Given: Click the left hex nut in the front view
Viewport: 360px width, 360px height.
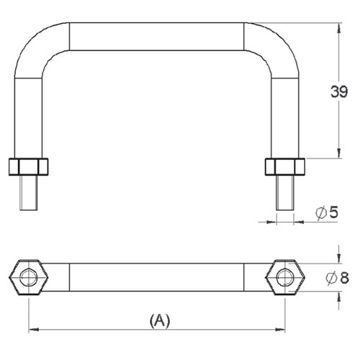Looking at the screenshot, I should click(28, 167).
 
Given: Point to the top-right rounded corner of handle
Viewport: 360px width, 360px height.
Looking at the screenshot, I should click(278, 42).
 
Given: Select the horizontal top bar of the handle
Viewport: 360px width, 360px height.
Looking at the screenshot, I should click(156, 36).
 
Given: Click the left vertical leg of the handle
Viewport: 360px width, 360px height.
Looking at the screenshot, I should click(28, 108).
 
